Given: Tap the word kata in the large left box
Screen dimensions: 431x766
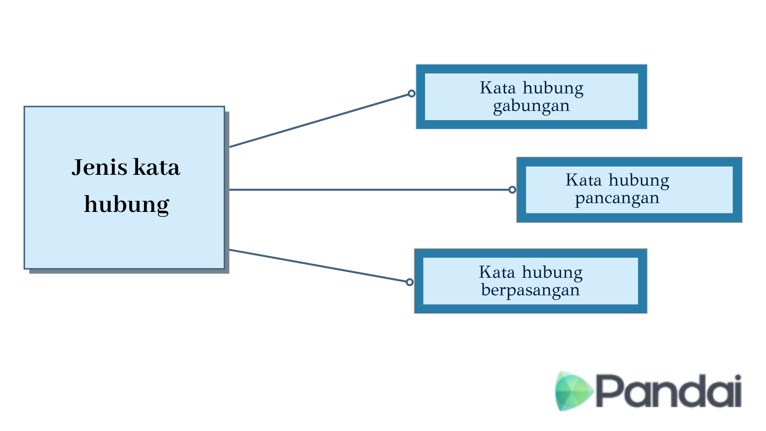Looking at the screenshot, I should tap(156, 167).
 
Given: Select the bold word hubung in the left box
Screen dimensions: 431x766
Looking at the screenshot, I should tap(126, 204).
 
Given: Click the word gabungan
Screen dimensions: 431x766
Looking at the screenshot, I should tap(531, 106).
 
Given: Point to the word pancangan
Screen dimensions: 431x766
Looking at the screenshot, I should tap(617, 198).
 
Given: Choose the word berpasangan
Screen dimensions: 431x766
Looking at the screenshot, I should tap(530, 290).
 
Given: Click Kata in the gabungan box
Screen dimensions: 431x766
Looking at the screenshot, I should tap(498, 88).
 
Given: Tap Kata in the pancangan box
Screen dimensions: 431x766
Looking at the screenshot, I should tap(583, 180).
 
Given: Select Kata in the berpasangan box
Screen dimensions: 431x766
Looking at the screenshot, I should tap(497, 272).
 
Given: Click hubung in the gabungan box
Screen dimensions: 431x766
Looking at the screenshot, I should tap(553, 88).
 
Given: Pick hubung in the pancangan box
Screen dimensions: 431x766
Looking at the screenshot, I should tap(639, 180).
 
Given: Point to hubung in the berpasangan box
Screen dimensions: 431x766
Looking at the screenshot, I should tap(552, 273).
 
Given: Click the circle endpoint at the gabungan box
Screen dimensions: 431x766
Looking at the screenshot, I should tap(412, 93).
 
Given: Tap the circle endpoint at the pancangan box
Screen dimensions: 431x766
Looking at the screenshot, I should tap(512, 190).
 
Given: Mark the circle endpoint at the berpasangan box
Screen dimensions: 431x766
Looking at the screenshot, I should tap(409, 282).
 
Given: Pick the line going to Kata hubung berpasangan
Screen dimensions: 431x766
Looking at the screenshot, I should tap(319, 266).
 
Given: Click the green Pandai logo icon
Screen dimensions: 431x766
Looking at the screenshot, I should tap(573, 391).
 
